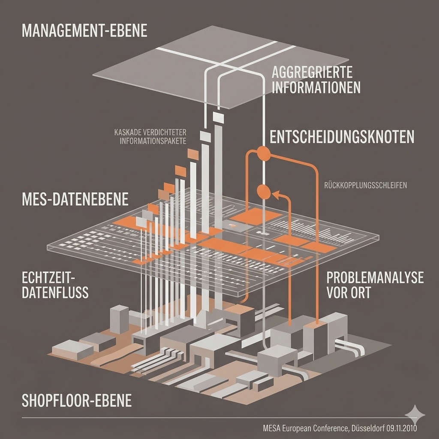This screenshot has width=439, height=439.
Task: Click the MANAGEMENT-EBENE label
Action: pos(84,31)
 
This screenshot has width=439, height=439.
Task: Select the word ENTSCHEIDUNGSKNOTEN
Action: pos(342,137)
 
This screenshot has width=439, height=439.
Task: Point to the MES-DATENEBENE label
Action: pos(75,199)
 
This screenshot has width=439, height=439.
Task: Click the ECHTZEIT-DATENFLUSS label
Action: pos(55,285)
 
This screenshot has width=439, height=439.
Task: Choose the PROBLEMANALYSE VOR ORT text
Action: pos(375,285)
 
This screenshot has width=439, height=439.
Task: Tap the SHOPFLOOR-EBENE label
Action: pos(76,400)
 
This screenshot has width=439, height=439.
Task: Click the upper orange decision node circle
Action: pos(264,153)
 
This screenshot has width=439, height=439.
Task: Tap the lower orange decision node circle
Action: pos(264,192)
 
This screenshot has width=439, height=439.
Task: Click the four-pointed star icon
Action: pos(415,414)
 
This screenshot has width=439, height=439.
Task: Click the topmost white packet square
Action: pos(218,117)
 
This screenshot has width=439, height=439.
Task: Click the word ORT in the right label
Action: pos(357,292)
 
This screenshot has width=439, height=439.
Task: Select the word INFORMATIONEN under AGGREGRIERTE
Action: pos(316,87)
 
